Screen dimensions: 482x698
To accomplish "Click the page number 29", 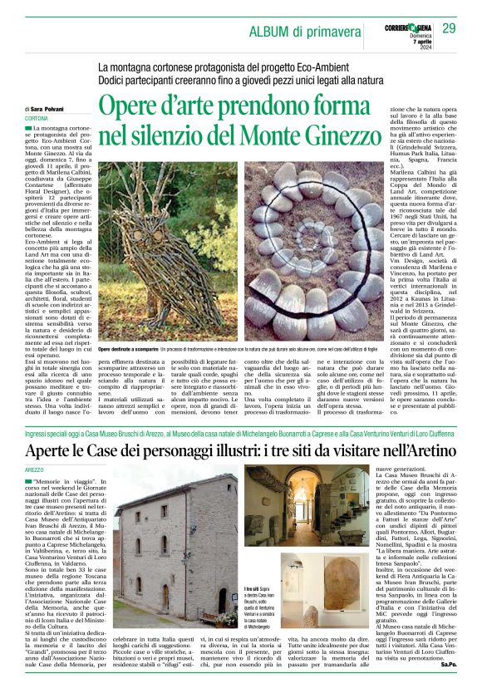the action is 450,29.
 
